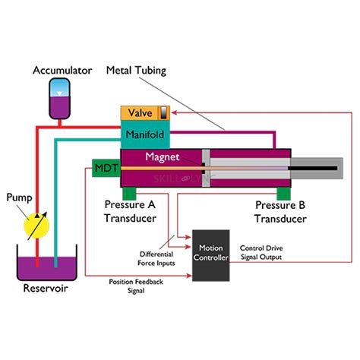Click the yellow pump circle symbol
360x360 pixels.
[x=36, y=226]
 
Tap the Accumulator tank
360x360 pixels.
[x=59, y=99]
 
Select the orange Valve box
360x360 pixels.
[x=145, y=113]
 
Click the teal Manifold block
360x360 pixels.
[x=145, y=134]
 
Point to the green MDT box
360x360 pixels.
[x=106, y=168]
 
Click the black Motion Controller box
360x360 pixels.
[x=211, y=255]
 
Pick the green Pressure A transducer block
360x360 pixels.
[x=129, y=194]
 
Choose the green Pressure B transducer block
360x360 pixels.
[x=283, y=194]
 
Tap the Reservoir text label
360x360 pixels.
[x=46, y=288]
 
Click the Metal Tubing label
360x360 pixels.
[x=136, y=71]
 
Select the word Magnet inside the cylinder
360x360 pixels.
[x=163, y=157]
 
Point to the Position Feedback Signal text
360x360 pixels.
[x=136, y=286]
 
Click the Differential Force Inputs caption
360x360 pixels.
[x=156, y=258]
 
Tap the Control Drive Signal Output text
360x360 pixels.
[x=261, y=252]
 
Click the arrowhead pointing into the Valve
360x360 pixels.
[x=175, y=112]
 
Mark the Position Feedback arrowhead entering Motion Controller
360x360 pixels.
[x=189, y=276]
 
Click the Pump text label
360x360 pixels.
[x=19, y=197]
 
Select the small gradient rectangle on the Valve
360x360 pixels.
[x=164, y=113]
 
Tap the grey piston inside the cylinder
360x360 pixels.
[x=206, y=168]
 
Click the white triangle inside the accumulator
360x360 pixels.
[x=59, y=93]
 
